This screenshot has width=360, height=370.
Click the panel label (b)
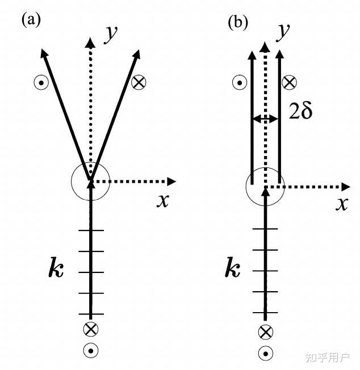click(x=237, y=23)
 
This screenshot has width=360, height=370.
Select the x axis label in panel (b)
click(x=341, y=204)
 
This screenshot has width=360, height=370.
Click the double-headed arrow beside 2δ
click(x=265, y=119)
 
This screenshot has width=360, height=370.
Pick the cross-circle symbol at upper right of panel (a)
click(x=138, y=83)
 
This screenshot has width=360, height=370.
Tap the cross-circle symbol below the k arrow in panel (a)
click(x=90, y=329)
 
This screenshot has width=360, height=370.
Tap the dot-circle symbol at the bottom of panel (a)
click(x=90, y=350)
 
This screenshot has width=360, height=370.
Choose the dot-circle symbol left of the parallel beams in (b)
click(x=239, y=83)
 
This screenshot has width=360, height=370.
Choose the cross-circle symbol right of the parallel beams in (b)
click(x=290, y=83)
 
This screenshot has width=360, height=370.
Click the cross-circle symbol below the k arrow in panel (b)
click(x=265, y=332)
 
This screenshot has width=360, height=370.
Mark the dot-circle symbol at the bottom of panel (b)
click(x=265, y=353)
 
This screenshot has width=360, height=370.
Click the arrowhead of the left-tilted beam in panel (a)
click(x=44, y=54)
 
